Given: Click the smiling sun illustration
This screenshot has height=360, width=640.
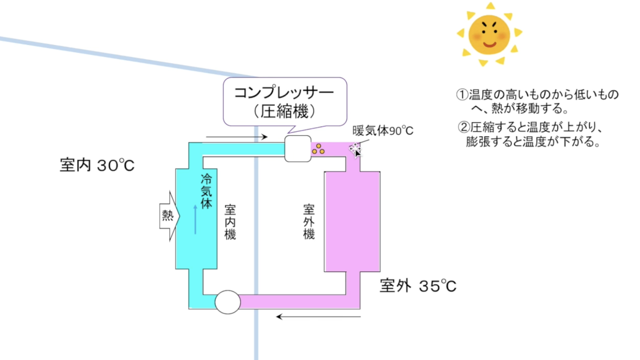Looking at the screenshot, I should [489, 34].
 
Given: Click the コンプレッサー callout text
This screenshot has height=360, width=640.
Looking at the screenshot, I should [284, 92].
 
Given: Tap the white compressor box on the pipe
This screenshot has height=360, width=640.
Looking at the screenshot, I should [298, 149].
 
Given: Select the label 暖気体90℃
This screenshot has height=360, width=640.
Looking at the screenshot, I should [383, 130].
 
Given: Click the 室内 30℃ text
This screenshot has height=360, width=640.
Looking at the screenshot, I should [97, 165].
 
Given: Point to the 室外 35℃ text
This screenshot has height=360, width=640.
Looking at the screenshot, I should [418, 286].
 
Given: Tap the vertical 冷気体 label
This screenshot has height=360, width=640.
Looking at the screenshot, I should [206, 191].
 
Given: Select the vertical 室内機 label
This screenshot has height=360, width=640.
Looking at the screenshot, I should [230, 222].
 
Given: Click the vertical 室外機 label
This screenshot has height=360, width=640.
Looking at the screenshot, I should [309, 222].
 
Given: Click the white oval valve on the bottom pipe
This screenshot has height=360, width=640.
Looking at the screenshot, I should [228, 302].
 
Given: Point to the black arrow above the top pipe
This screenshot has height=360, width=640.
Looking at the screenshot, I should [237, 137].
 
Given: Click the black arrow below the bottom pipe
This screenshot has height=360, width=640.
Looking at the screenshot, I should [318, 316].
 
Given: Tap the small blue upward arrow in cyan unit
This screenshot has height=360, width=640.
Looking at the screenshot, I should [195, 219].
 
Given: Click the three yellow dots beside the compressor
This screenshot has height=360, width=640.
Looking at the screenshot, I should [318, 149].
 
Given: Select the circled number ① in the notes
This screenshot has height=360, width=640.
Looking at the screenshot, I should [462, 94].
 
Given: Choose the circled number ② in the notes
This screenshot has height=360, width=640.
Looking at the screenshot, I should [463, 127].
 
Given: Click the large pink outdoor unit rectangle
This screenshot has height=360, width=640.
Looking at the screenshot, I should [352, 222].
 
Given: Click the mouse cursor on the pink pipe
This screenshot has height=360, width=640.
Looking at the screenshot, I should [356, 150].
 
